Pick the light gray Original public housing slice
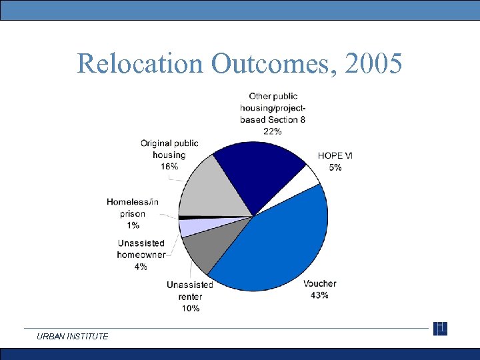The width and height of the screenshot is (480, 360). (207, 190)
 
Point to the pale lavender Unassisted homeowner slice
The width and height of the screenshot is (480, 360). (189, 227)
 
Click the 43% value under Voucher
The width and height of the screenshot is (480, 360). (319, 295)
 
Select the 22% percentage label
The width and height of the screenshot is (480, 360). (273, 131)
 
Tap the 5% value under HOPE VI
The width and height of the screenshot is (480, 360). (335, 167)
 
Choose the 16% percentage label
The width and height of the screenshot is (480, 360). (169, 167)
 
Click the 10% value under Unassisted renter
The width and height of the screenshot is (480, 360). (190, 308)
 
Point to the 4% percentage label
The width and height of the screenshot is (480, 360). (141, 267)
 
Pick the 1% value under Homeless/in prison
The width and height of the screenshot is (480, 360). (133, 225)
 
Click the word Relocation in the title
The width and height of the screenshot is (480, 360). (141, 64)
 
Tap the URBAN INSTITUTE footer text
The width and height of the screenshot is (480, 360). (73, 337)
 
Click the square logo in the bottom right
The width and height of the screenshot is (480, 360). (440, 329)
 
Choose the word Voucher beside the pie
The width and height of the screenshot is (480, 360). (320, 284)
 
